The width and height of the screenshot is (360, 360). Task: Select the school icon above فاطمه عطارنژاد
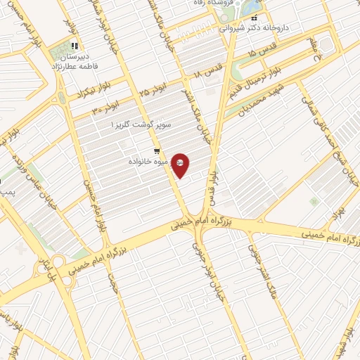point(75,46)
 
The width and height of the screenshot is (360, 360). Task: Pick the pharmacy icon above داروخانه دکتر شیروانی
point(255,18)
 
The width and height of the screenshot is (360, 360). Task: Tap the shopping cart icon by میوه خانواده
point(156,151)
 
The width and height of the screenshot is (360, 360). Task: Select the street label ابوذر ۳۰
point(103,109)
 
